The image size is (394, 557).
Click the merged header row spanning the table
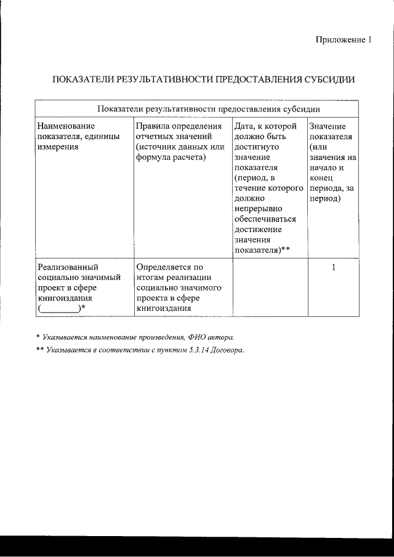click(x=196, y=108)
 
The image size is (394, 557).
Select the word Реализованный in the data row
click(x=68, y=267)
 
